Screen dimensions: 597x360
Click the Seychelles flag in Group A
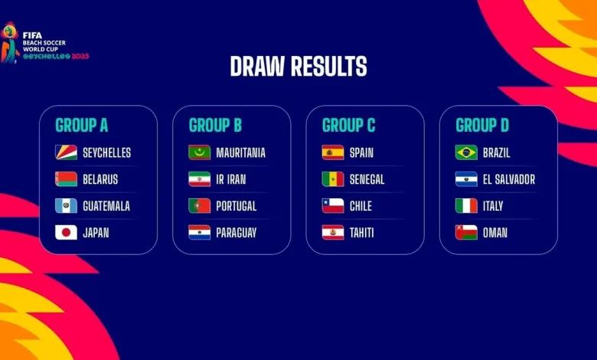pos(66,152)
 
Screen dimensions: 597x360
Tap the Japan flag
pos(66,232)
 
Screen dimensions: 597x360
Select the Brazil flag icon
pos(466,152)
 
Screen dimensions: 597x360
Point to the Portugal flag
pos(200,206)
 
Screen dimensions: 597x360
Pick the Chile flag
pos(333,206)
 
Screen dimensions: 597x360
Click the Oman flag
pos(466,232)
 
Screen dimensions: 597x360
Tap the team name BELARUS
pos(100,179)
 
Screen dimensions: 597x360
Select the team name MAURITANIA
pos(240,152)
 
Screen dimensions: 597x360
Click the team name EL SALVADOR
pos(509,179)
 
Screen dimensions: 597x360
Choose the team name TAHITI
pos(362,233)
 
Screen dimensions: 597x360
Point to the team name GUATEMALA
pos(106,206)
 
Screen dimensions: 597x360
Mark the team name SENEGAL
pos(367,179)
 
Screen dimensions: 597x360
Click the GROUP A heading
pos(81,126)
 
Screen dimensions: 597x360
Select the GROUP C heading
pos(349,126)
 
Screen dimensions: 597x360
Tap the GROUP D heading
pos(482,126)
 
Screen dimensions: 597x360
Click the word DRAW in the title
pos(257,67)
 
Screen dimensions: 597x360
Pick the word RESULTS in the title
pos(329,67)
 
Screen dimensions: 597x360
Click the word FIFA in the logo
pos(32,35)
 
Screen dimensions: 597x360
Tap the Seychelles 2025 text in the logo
pos(56,57)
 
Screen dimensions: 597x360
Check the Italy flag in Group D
pos(466,206)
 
